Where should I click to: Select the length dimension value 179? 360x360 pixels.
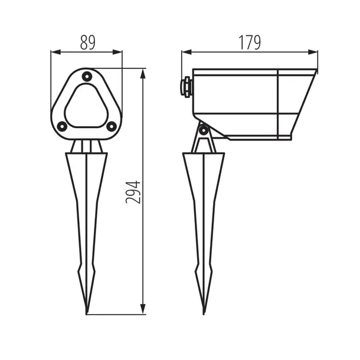[x=250, y=42]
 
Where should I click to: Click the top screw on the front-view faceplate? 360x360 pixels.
[x=87, y=76]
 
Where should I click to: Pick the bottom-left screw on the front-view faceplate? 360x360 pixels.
[x=63, y=125]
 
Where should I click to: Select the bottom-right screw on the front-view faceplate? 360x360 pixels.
[x=111, y=125]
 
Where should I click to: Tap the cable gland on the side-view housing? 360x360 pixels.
[x=186, y=86]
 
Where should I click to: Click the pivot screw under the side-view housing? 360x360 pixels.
[x=204, y=130]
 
